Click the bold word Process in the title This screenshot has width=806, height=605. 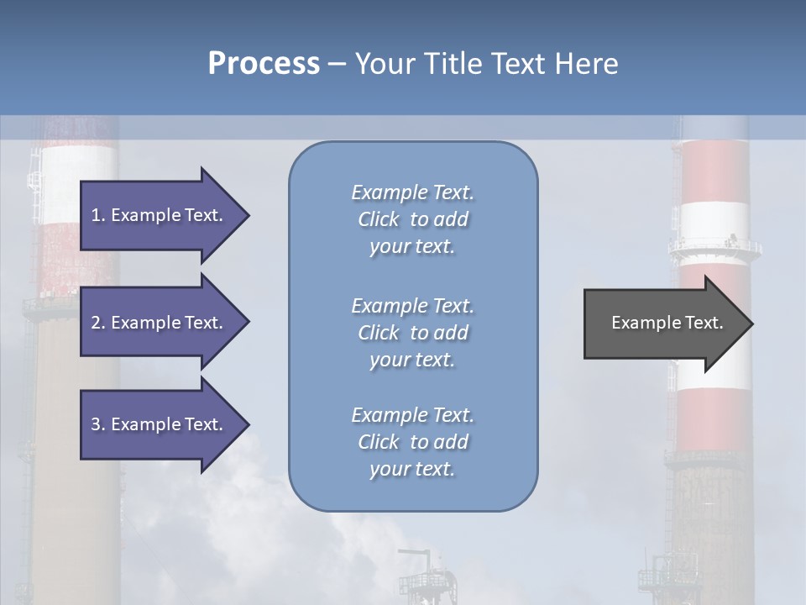coord(264,64)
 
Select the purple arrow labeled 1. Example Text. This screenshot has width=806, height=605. coord(160,215)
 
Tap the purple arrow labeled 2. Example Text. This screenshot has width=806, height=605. coord(160,323)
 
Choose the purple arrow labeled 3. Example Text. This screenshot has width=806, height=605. coord(160,424)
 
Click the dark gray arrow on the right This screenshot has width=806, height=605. coord(663,323)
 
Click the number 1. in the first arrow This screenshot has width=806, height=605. coord(98,215)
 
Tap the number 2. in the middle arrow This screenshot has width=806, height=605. coord(98,323)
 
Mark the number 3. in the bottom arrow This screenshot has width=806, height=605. coord(98,424)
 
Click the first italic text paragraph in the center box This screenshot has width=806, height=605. coord(412,219)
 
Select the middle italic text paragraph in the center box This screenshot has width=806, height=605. coord(412,333)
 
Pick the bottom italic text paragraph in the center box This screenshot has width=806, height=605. coord(412,442)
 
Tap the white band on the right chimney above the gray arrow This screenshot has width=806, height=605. coord(714,220)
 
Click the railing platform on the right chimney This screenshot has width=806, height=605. coord(714,248)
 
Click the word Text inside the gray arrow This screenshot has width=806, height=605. coord(704,323)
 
